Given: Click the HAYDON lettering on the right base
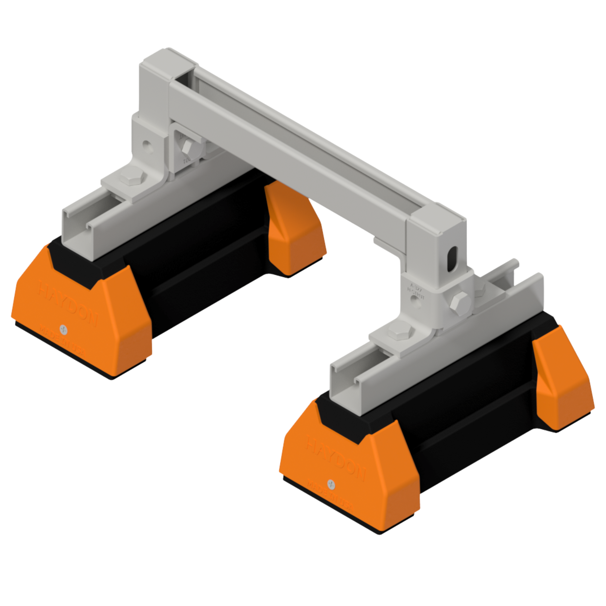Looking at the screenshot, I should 336,458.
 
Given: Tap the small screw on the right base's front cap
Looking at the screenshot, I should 331,484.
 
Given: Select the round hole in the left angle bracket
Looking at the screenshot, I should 146,145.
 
